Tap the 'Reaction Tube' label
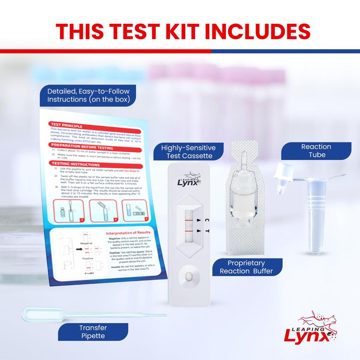[x=316, y=150]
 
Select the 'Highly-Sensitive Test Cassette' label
[x=188, y=152]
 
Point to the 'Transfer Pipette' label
[x=93, y=332]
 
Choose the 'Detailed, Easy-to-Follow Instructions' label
[x=89, y=95]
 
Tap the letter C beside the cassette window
[x=207, y=220]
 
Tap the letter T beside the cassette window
[x=207, y=231]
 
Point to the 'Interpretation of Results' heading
[x=128, y=233]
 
